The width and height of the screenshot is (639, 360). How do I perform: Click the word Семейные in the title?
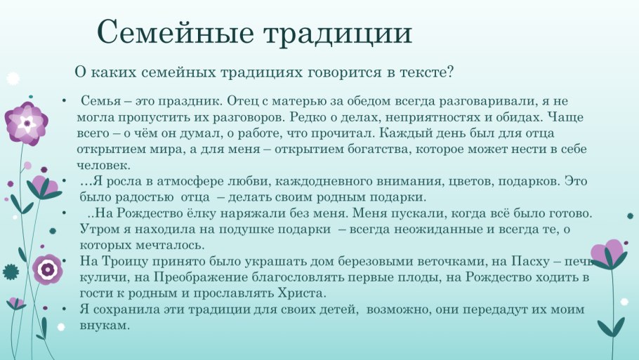175,32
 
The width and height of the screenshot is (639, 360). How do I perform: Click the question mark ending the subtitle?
449,72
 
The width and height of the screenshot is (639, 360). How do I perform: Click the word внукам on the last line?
105,326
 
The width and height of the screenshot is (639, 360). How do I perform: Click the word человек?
103,166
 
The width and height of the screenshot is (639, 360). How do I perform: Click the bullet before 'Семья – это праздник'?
64,100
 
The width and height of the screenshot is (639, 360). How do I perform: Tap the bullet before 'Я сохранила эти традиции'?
64,309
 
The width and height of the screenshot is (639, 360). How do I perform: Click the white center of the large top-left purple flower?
27,122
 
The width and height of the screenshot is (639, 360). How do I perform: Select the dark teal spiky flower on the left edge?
11,272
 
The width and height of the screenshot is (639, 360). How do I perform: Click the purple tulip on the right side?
608,254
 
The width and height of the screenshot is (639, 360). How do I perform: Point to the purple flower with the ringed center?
47,269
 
